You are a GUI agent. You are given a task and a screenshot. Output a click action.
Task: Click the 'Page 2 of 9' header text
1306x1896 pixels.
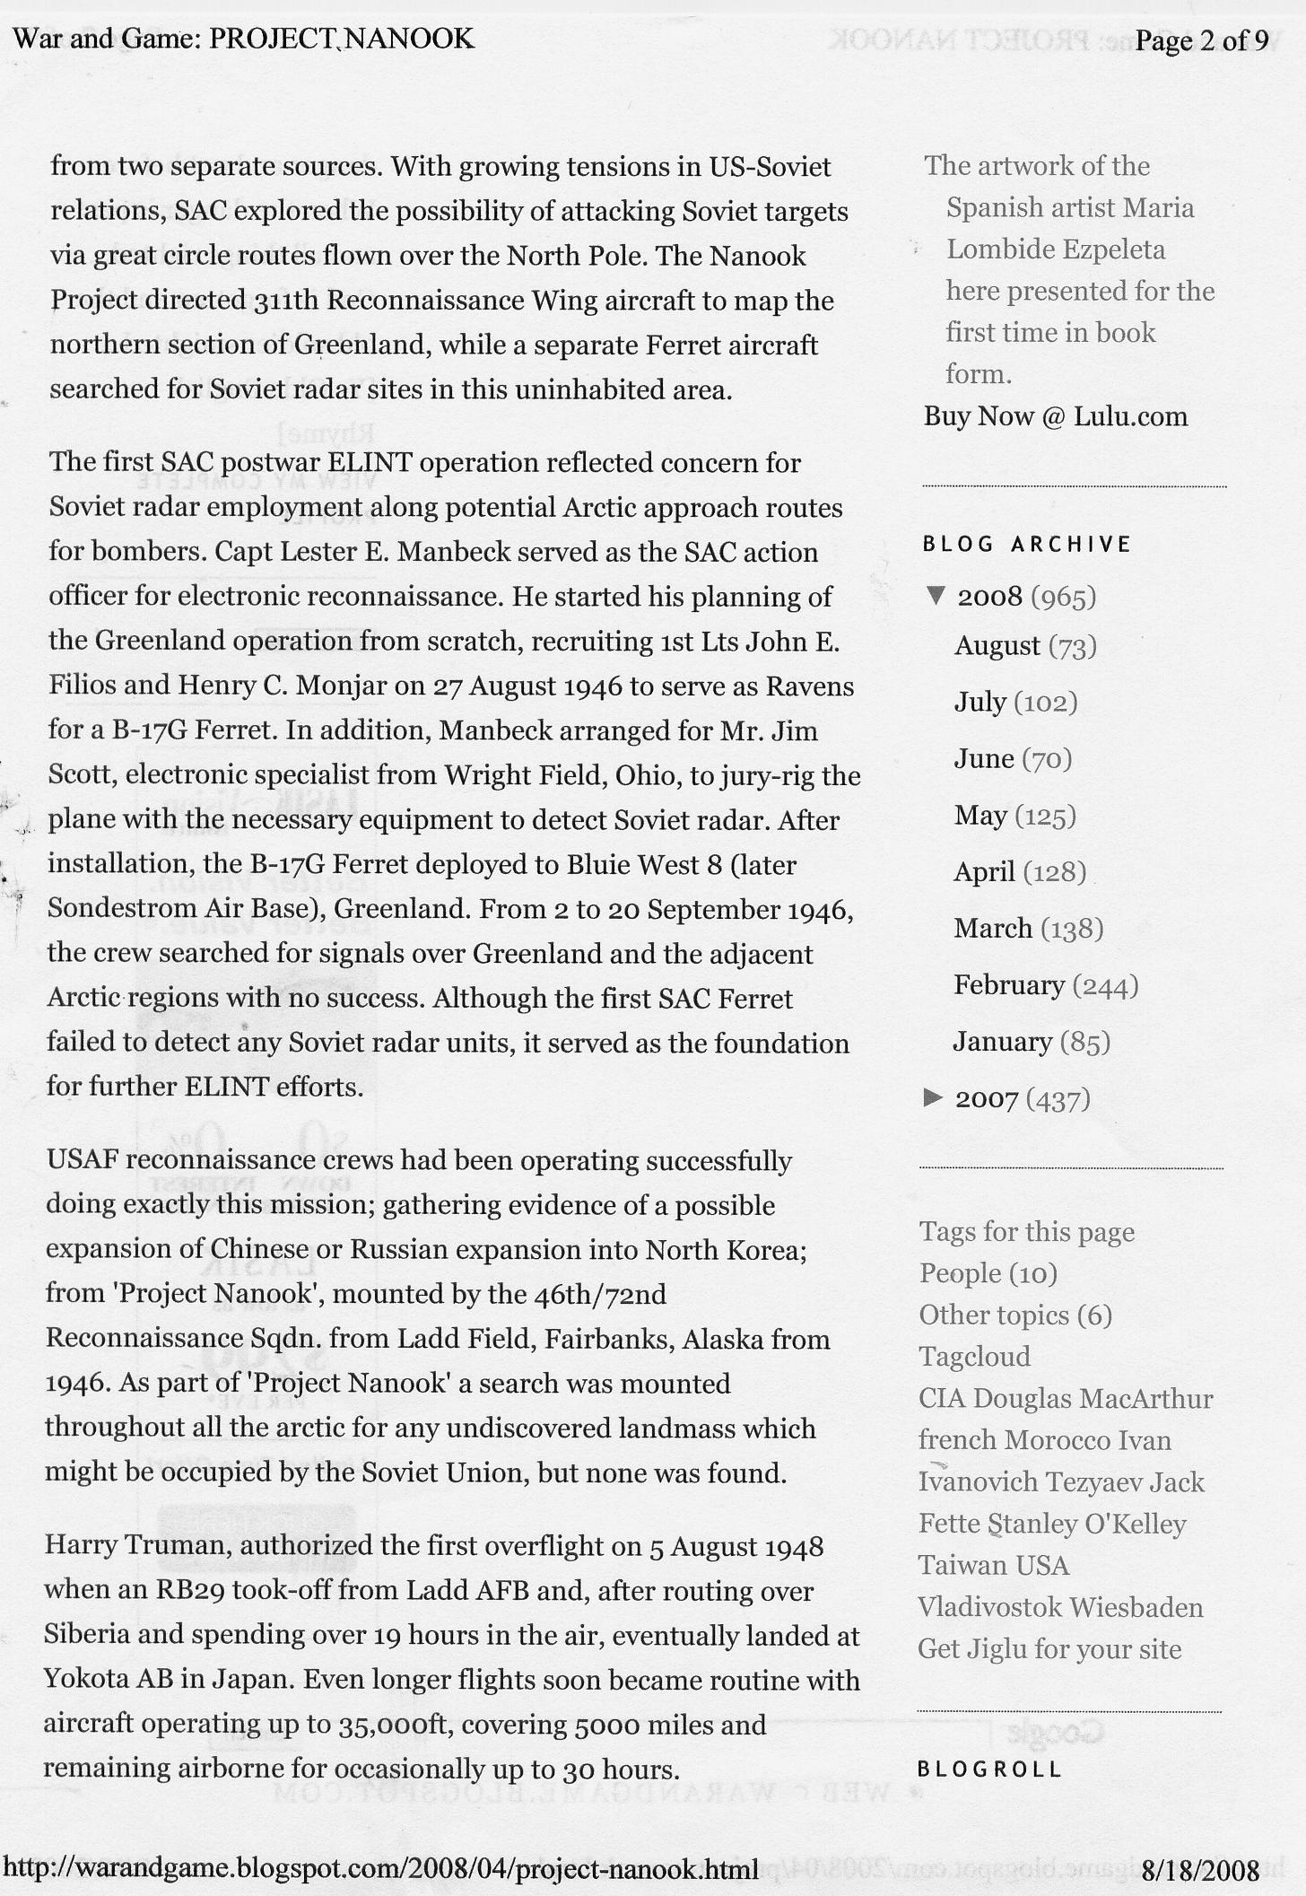point(1201,41)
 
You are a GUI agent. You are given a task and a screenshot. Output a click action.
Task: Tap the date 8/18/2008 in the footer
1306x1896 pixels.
point(1200,1870)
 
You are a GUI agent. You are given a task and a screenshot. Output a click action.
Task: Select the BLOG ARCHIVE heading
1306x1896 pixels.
point(1027,545)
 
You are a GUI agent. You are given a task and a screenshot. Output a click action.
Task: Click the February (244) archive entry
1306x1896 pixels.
point(1046,985)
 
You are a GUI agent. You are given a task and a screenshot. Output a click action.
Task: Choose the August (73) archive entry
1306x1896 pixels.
point(1025,646)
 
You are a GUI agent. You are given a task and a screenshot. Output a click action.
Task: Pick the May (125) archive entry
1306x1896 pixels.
point(1014,816)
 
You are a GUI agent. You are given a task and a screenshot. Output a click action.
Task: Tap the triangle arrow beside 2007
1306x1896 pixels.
point(933,1097)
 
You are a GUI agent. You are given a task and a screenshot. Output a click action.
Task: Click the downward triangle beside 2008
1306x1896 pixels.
point(936,596)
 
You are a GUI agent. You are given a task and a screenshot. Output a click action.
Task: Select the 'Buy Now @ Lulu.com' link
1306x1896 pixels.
point(1056,416)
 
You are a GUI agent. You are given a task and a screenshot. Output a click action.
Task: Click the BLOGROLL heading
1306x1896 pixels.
point(989,1769)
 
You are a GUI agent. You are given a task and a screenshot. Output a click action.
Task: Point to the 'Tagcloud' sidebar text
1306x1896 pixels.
point(974,1357)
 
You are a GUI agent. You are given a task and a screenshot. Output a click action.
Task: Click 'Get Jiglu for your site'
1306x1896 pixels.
point(1049,1649)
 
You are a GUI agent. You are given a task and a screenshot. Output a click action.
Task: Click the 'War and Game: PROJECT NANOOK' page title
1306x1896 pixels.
point(244,39)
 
